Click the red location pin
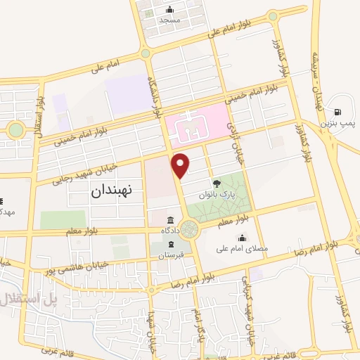tap(181, 165)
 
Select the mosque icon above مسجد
tap(170, 10)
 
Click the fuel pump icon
tap(339, 112)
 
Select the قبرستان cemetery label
tap(171, 254)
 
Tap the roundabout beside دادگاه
tap(188, 229)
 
